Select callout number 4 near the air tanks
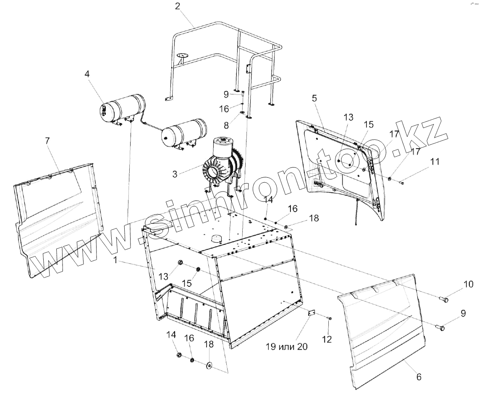coord(87,74)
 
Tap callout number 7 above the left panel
coord(47,141)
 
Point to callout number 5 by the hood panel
coord(314,98)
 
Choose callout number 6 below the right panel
coord(419,377)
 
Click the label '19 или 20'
coord(286,347)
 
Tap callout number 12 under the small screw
coord(327,339)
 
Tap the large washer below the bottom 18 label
coord(209,365)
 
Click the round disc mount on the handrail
coord(183,55)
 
